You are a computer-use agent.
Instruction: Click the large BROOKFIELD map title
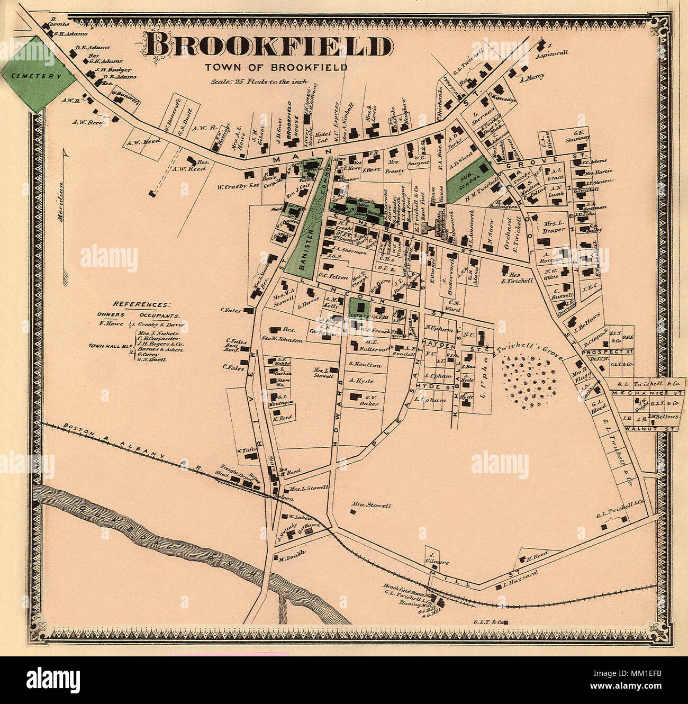pyautogui.click(x=268, y=46)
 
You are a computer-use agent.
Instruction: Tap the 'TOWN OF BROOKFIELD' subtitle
pyautogui.click(x=276, y=67)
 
